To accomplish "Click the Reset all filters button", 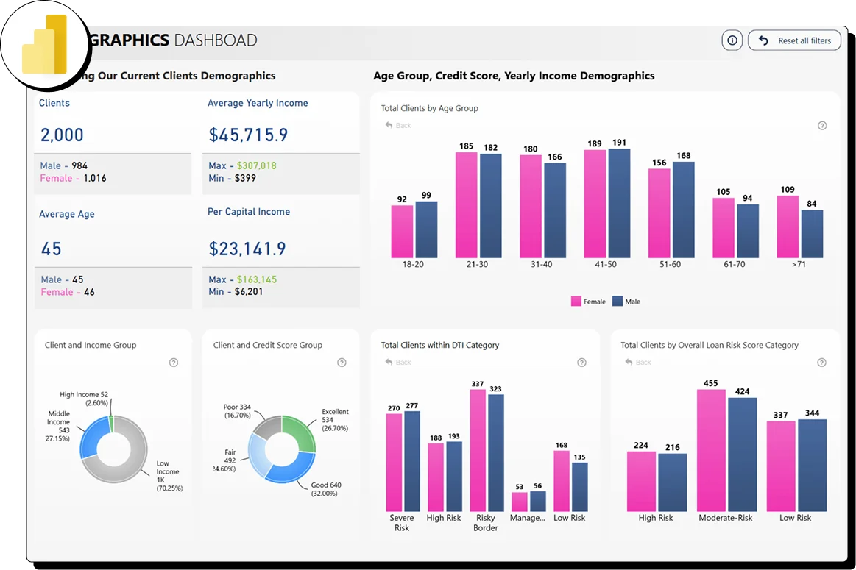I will point(794,40).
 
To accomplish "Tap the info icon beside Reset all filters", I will point(732,40).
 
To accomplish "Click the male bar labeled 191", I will point(619,203).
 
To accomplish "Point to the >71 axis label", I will point(799,264).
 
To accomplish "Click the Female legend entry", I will point(588,302).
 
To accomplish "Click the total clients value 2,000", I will point(62,135).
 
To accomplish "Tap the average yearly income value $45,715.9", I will point(248,135).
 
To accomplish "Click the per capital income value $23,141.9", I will point(247,249).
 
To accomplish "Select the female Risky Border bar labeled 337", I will point(478,450).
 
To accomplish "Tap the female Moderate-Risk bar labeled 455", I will point(711,450).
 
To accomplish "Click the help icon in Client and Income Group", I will point(174,363).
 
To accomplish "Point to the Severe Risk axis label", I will point(402,523).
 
